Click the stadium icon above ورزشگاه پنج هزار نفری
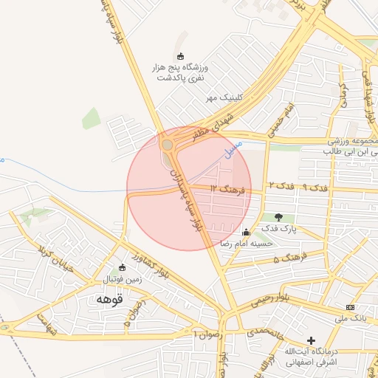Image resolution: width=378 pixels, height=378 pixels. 181,56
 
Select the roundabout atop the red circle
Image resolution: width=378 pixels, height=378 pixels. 168,145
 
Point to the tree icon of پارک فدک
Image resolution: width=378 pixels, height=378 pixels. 278,217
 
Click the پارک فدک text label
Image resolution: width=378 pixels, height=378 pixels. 283,230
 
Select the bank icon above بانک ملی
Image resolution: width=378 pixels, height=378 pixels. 350,307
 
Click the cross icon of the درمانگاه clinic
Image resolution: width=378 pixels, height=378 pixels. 311,341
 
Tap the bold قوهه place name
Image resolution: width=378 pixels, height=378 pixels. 107,300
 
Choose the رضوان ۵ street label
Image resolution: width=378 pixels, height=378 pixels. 134,315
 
